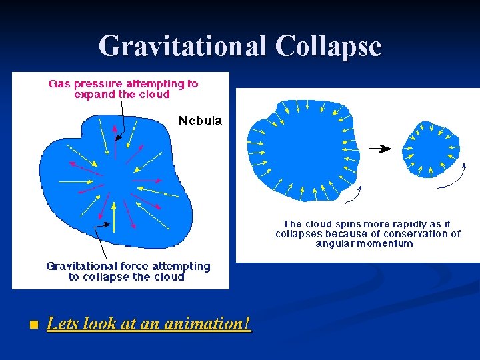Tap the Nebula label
pos(200,121)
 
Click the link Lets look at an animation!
pos(149,324)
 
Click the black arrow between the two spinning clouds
pos(380,149)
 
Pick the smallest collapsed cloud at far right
pos(433,149)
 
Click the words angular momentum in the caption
pos(364,243)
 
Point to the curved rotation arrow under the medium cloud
pos(353,194)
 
